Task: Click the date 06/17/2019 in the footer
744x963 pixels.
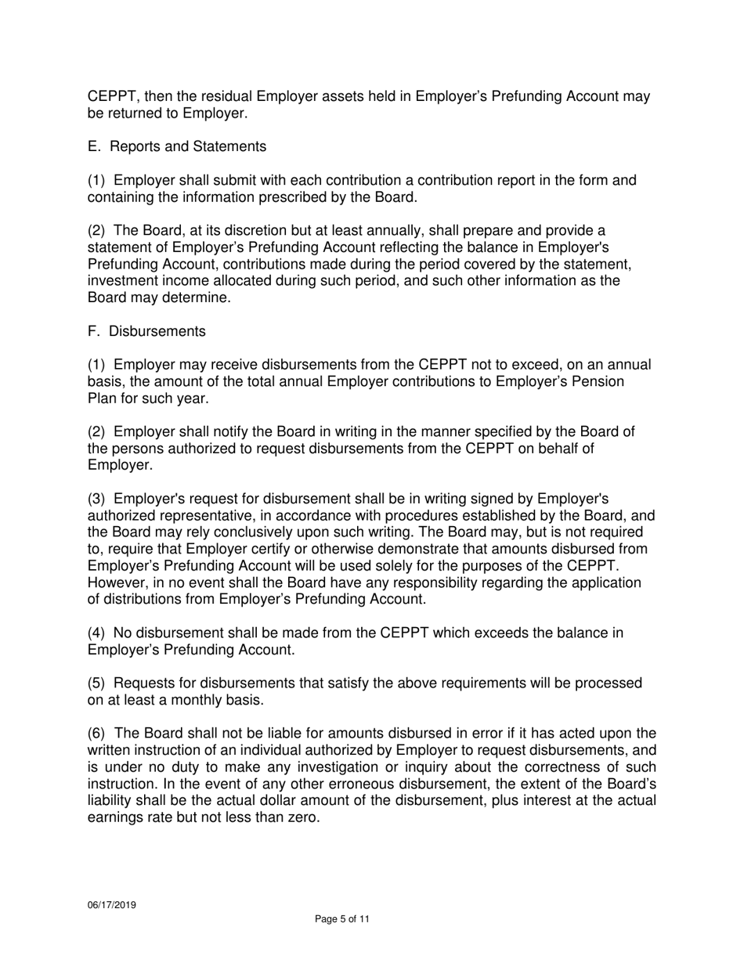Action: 111,904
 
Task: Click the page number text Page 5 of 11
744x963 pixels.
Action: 341,919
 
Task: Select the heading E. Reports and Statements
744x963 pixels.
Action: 176,146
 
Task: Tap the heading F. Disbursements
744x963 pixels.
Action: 146,331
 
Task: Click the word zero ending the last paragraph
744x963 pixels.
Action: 302,818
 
